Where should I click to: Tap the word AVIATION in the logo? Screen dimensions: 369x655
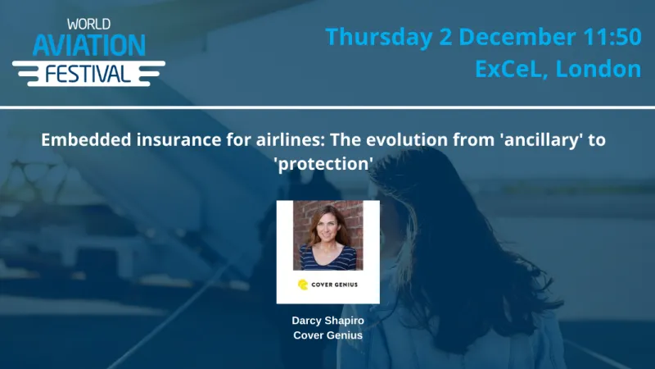tap(89, 45)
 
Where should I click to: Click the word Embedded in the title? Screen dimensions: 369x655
tap(82, 139)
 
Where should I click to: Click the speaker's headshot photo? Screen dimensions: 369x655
tap(327, 235)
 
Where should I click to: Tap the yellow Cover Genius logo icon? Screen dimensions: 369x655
tap(303, 285)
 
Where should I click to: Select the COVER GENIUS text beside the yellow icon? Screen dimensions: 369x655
tap(336, 285)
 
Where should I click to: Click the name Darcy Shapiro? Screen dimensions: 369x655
tap(327, 321)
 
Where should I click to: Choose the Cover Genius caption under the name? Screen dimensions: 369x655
tap(327, 335)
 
